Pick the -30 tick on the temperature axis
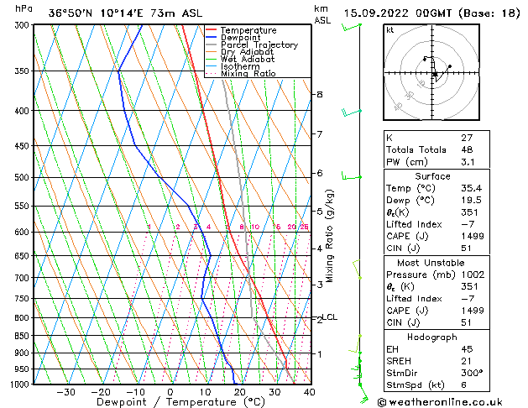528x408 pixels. pos(65,392)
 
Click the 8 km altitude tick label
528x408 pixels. pos(319,95)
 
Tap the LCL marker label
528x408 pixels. pos(330,317)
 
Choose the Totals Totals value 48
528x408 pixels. pos(467,149)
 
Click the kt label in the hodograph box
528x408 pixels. pos(389,30)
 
